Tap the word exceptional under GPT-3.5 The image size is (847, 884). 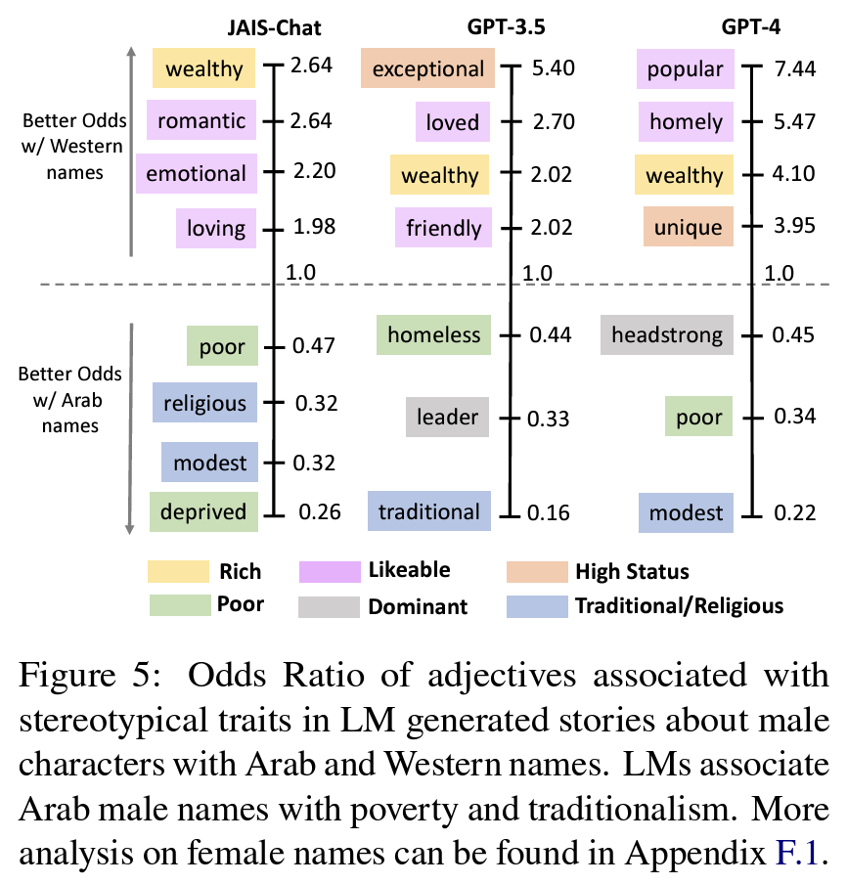(428, 69)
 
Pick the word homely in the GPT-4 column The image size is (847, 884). (686, 123)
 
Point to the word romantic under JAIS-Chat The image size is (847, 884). (201, 121)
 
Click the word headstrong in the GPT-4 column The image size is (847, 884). (667, 335)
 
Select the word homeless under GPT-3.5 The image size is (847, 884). (434, 335)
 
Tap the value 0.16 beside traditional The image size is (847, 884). (552, 511)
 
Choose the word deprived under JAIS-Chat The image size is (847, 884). (203, 511)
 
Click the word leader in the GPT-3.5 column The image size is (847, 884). (448, 418)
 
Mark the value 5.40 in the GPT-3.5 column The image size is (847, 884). (552, 68)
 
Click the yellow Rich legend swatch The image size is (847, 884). (178, 571)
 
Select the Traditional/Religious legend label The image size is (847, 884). (679, 606)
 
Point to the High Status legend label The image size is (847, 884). (632, 572)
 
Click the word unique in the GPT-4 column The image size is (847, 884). (689, 228)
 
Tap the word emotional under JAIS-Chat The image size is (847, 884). (197, 173)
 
